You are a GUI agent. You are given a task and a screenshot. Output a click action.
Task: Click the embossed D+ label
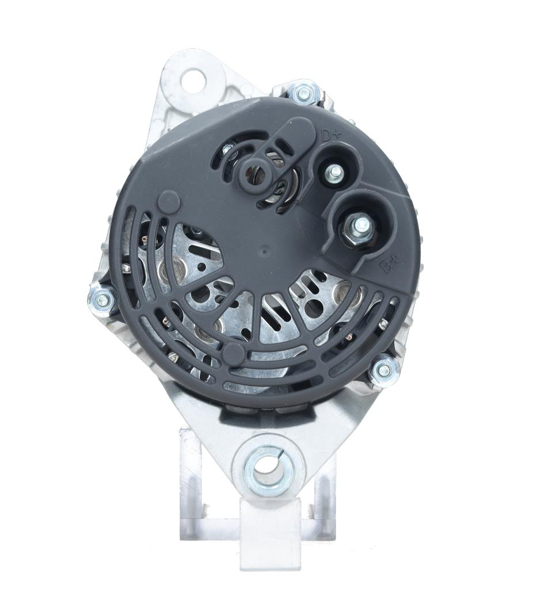click(x=330, y=135)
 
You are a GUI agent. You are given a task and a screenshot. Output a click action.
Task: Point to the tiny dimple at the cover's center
click(x=265, y=251)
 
